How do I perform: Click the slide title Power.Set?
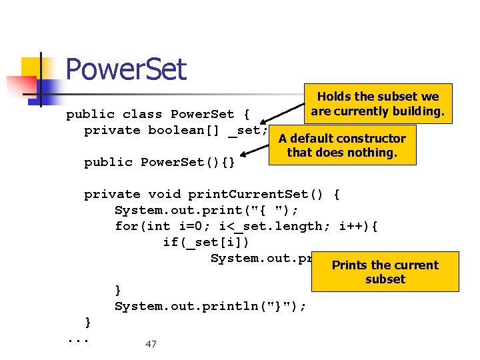pos(126,69)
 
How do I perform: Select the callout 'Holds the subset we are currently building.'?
pos(377,104)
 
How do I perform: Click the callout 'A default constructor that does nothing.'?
pos(342,145)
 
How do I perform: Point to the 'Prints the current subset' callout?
pos(385,271)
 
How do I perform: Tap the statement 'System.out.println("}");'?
pos(211,307)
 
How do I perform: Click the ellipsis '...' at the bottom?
pos(79,339)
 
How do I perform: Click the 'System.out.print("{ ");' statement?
pos(207,211)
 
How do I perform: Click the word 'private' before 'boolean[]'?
pos(112,131)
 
